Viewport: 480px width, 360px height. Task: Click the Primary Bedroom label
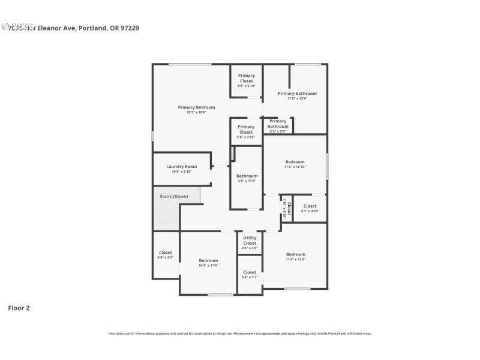click(196, 107)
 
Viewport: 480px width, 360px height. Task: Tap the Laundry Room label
click(181, 166)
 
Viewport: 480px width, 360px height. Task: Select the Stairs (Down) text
click(174, 197)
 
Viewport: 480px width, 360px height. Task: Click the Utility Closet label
click(250, 240)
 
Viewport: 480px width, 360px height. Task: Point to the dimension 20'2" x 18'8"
click(196, 112)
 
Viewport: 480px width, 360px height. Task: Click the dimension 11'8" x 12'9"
click(297, 98)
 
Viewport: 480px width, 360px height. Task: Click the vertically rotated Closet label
click(289, 208)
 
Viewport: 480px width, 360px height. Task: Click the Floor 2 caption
click(19, 308)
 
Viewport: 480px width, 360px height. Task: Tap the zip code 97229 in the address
click(130, 28)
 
